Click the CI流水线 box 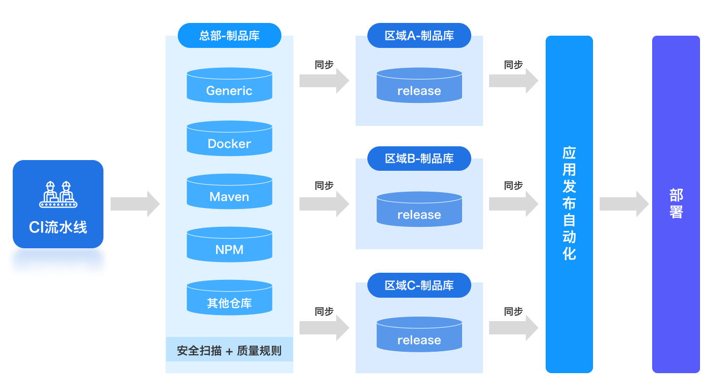(58, 204)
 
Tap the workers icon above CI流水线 (58, 194)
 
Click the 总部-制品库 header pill (229, 36)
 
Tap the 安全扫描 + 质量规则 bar (229, 350)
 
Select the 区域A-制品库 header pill (419, 36)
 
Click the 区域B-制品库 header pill (419, 159)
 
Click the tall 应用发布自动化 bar (569, 204)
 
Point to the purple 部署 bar (676, 204)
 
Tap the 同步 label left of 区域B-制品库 (324, 186)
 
